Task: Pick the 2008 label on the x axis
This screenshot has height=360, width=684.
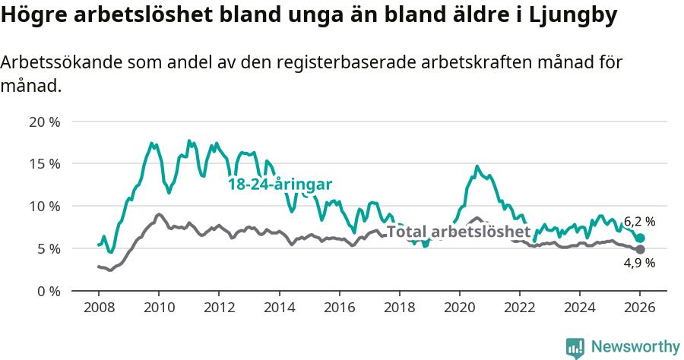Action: pyautogui.click(x=99, y=308)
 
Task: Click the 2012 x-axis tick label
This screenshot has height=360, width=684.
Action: pyautogui.click(x=219, y=308)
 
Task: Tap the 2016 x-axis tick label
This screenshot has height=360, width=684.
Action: pyautogui.click(x=339, y=308)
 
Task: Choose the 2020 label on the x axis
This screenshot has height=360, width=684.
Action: pyautogui.click(x=459, y=308)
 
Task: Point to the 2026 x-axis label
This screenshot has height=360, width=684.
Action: pyautogui.click(x=639, y=308)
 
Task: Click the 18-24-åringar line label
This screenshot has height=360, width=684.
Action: pyautogui.click(x=280, y=185)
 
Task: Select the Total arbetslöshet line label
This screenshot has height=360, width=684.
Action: pyautogui.click(x=458, y=232)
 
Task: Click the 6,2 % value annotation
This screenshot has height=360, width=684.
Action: pyautogui.click(x=639, y=222)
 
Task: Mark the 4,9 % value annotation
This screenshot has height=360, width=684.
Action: pyautogui.click(x=639, y=263)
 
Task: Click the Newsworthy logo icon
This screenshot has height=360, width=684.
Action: pyautogui.click(x=575, y=347)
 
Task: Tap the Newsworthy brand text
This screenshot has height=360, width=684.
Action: pyautogui.click(x=635, y=347)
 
